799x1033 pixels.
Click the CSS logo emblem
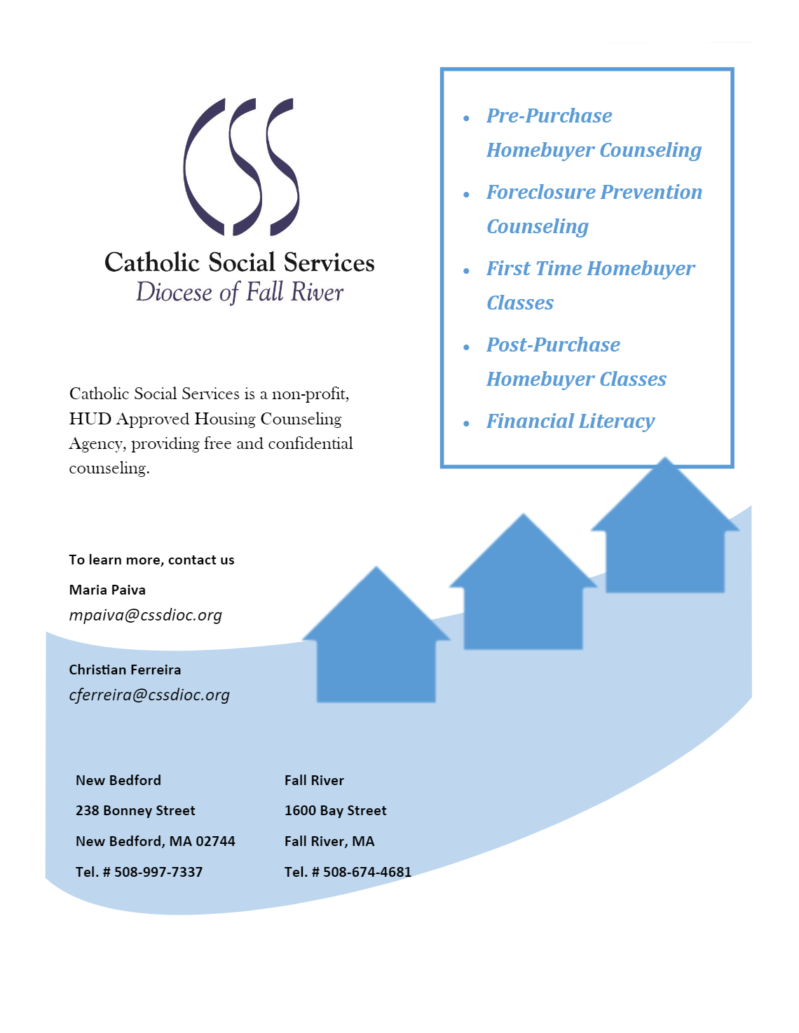[x=241, y=167]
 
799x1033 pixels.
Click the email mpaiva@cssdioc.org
[x=145, y=615]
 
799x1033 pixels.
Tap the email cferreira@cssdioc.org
[x=149, y=695]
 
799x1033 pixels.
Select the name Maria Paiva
[x=107, y=590]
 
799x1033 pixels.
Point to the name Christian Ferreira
[x=125, y=670]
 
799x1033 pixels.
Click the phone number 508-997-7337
[x=158, y=872]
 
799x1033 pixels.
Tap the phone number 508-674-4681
[x=367, y=872]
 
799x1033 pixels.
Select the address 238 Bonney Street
[x=135, y=810]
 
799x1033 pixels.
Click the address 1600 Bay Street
[x=335, y=810]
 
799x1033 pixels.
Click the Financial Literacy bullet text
[x=571, y=421]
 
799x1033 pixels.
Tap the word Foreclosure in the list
[x=541, y=192]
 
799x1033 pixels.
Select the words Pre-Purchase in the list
[x=549, y=116]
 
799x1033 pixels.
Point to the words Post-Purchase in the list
[x=554, y=345]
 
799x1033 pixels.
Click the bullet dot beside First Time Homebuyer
[x=467, y=271]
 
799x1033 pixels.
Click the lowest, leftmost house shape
[x=376, y=644]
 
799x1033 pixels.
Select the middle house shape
[x=523, y=592]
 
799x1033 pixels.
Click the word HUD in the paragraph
[x=90, y=419]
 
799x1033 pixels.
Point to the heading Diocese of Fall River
[x=240, y=292]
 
